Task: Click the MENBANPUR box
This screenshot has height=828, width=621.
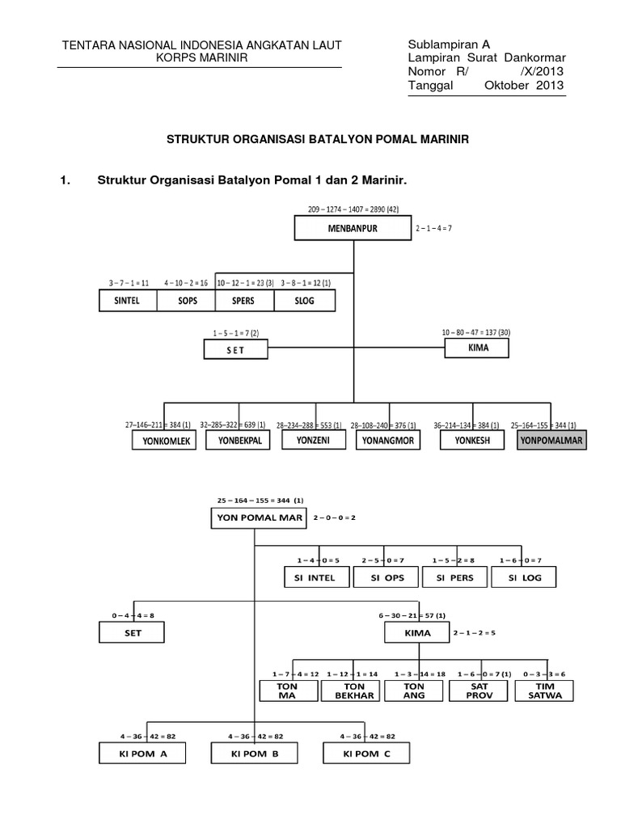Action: (353, 229)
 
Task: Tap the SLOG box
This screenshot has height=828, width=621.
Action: (305, 301)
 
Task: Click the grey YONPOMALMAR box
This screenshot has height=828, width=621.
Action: (553, 441)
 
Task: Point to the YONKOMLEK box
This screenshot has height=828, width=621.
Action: (165, 441)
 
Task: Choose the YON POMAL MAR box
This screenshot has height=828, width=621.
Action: (258, 517)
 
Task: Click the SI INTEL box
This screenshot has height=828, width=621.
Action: (315, 577)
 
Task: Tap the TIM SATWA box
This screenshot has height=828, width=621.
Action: (544, 691)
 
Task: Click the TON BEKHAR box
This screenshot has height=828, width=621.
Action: (351, 691)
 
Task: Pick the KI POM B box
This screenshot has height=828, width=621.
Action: (256, 754)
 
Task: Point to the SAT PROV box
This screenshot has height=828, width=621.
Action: (479, 691)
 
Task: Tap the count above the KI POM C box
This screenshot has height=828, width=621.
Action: (369, 737)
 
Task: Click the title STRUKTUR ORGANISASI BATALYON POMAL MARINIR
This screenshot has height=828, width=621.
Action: (318, 140)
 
